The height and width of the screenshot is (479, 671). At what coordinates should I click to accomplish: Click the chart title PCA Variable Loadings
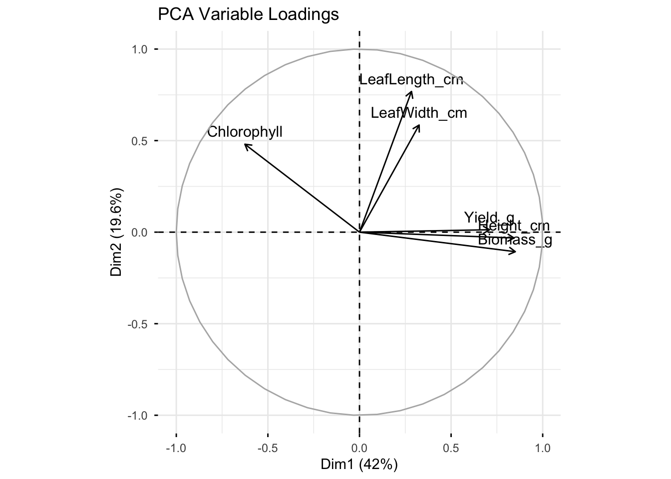pyautogui.click(x=248, y=14)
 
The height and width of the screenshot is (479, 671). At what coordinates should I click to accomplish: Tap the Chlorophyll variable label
pyautogui.click(x=245, y=132)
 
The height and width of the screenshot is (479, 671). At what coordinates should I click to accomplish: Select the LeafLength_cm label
pyautogui.click(x=411, y=80)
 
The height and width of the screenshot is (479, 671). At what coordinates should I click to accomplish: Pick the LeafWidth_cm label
pyautogui.click(x=419, y=113)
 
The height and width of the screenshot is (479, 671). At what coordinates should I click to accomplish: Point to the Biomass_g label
pyautogui.click(x=515, y=240)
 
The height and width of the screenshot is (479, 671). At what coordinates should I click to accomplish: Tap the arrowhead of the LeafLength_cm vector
pyautogui.click(x=411, y=91)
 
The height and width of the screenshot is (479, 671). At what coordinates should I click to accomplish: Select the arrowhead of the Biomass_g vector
pyautogui.click(x=516, y=252)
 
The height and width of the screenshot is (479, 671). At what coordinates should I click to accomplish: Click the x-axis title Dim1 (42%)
pyautogui.click(x=359, y=465)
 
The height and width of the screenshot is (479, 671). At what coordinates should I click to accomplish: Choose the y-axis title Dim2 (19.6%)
pyautogui.click(x=116, y=232)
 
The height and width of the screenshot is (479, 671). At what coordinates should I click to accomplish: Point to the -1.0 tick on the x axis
pyautogui.click(x=176, y=448)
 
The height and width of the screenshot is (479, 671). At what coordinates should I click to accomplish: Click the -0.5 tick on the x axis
pyautogui.click(x=268, y=448)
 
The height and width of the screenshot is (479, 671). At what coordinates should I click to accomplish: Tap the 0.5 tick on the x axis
pyautogui.click(x=451, y=448)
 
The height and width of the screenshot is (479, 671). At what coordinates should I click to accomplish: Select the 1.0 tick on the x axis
pyautogui.click(x=543, y=448)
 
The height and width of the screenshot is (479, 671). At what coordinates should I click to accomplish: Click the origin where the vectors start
pyautogui.click(x=359, y=232)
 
